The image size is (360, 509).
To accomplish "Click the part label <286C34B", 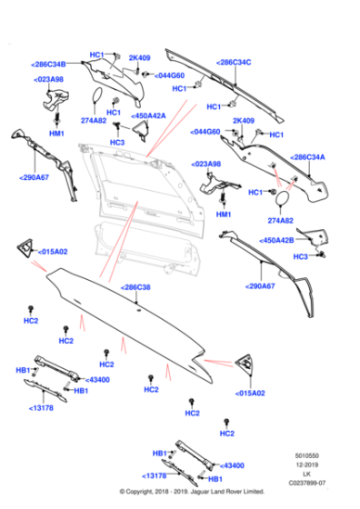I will point(48,65).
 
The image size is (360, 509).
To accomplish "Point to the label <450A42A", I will point(148,115).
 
